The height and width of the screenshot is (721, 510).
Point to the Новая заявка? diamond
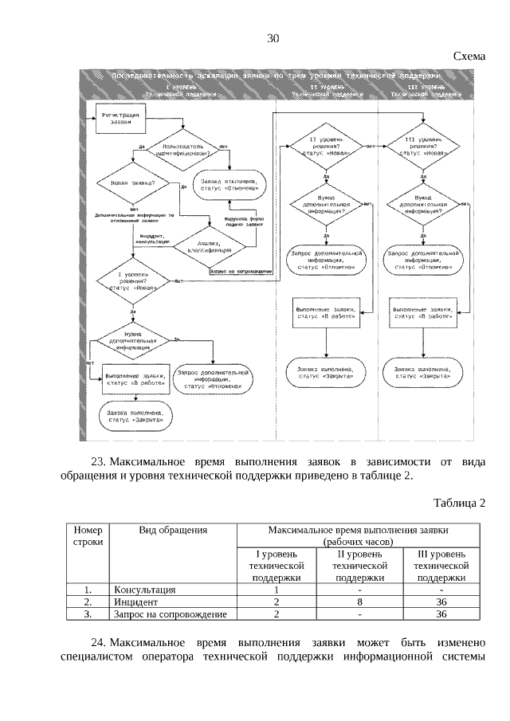tap(127, 183)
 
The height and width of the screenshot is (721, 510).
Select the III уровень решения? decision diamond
tap(422, 147)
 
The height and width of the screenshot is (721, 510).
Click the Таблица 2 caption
tap(459, 502)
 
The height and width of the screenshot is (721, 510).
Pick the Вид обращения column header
tap(173, 529)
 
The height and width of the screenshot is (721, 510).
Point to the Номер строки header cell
tap(88, 535)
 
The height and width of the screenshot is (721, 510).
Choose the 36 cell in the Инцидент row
tap(441, 602)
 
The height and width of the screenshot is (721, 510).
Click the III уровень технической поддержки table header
tap(441, 565)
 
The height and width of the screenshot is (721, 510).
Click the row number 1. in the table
tap(88, 590)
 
